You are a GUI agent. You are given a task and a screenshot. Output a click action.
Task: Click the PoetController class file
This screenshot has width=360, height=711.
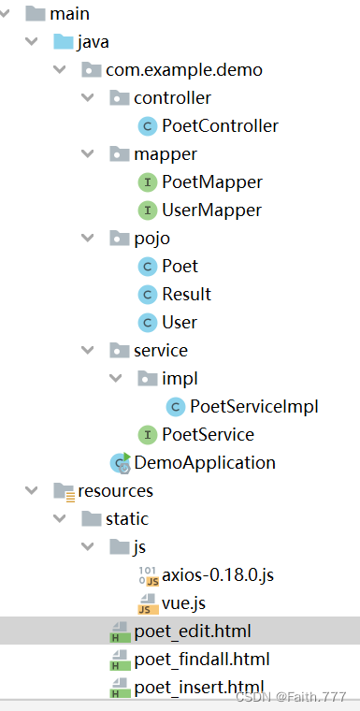point(220,125)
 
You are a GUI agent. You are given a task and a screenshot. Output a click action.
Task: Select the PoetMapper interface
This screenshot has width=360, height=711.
point(211,181)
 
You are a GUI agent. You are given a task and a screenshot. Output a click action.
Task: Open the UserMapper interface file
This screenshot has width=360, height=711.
point(211,210)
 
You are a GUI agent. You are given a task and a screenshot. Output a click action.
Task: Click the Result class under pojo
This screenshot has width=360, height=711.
point(186,294)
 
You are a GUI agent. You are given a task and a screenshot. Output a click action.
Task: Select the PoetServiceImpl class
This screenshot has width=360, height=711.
point(253,406)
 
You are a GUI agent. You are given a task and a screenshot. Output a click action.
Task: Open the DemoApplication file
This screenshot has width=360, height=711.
point(204,462)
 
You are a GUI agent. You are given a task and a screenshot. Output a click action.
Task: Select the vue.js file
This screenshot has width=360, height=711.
point(182,602)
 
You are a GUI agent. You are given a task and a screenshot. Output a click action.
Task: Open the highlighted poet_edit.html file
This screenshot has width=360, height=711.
point(192,631)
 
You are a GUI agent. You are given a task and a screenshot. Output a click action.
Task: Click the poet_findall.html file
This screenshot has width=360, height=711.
point(201,660)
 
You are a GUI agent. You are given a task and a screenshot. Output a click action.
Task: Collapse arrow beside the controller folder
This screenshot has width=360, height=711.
point(88,98)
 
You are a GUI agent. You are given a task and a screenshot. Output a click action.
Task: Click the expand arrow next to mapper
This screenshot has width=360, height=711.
point(88,154)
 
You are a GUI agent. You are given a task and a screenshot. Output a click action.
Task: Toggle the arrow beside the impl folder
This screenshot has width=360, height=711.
point(116,379)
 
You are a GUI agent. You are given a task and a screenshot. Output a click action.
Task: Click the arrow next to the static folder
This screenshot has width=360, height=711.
point(60,519)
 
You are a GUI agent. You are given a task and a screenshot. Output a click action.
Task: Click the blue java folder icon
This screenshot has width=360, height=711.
point(64,42)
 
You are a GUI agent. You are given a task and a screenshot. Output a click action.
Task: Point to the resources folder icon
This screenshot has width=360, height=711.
point(64,491)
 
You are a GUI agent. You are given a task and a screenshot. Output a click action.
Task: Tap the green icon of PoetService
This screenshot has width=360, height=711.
point(147,434)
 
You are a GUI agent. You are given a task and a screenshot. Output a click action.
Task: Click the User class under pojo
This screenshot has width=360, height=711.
point(179,322)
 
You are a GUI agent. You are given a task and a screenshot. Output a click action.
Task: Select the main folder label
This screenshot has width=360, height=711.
point(69,14)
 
